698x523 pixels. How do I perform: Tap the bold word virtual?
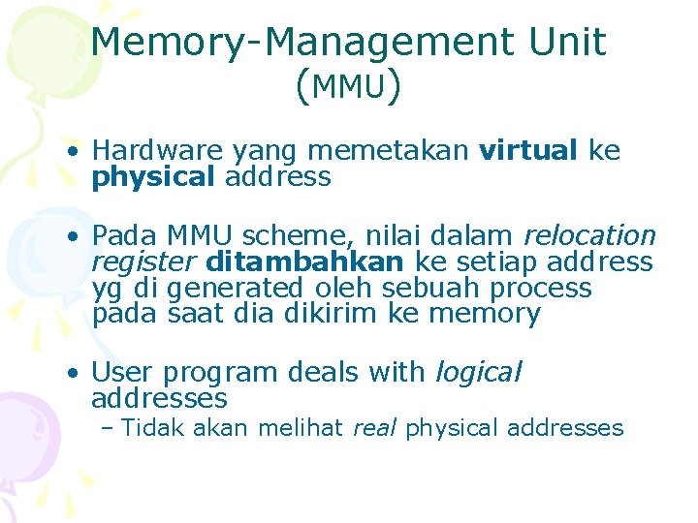(x=528, y=151)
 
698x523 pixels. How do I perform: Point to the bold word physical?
(x=153, y=177)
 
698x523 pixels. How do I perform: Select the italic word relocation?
(x=589, y=235)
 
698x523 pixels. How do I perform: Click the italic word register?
(x=144, y=261)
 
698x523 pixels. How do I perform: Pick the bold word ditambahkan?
(x=304, y=261)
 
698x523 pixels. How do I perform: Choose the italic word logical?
(x=478, y=371)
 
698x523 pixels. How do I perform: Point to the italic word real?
(x=374, y=428)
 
